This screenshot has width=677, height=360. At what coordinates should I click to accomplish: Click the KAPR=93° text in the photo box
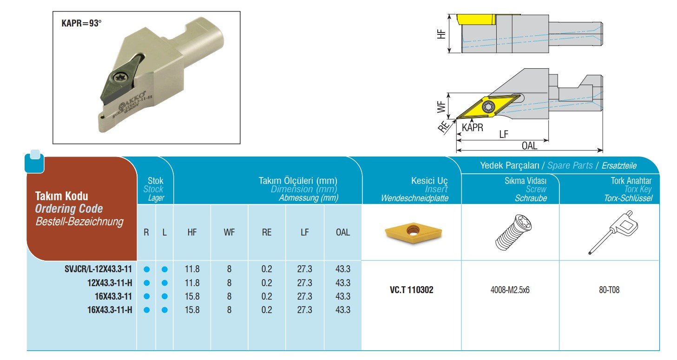tap(81, 23)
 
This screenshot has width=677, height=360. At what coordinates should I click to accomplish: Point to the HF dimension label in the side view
tap(441, 34)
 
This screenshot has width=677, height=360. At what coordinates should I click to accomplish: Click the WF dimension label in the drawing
tap(441, 107)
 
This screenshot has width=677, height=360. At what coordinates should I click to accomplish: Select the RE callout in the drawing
tap(443, 127)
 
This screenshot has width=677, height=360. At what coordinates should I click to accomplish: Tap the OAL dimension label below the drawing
tap(530, 146)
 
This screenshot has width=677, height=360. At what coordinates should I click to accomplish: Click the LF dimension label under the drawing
tap(504, 134)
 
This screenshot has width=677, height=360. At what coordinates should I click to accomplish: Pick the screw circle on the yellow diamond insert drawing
tap(488, 107)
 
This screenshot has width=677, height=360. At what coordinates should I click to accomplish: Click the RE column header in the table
tap(267, 232)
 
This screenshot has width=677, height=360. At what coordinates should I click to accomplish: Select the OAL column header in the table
tap(343, 232)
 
